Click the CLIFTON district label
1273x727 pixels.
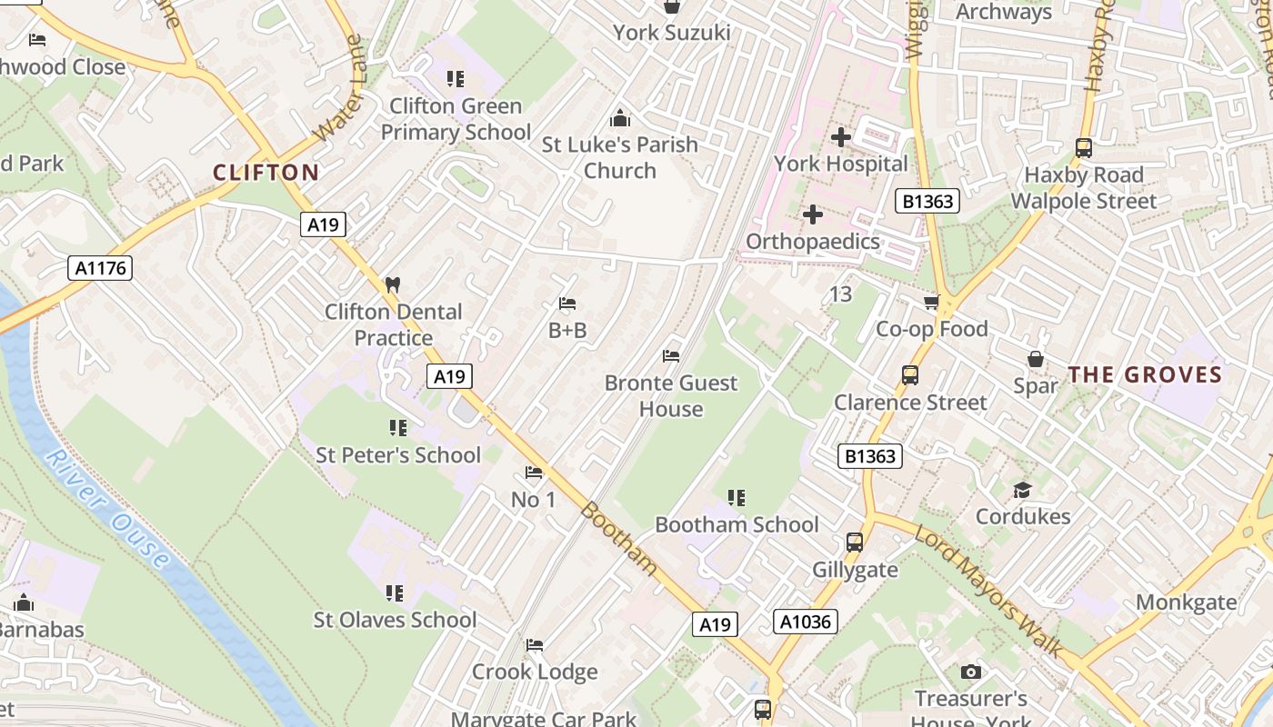point(266,173)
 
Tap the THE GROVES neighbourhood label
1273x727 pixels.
point(1145,374)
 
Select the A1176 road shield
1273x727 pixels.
point(100,268)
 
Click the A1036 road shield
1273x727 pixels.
point(805,622)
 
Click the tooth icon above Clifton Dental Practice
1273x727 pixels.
point(393,284)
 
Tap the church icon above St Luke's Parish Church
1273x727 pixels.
point(620,118)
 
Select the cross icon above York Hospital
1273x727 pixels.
point(841,137)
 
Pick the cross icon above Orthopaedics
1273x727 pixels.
point(813,214)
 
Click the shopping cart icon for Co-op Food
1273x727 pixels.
point(931,303)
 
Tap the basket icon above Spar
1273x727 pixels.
point(1036,359)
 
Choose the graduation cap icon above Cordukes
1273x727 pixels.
point(1022,491)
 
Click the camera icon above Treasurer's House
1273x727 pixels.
point(971,672)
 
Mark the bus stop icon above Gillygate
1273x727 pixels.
point(855,543)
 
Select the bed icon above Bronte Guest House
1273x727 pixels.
point(671,356)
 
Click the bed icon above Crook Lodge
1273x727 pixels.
point(535,645)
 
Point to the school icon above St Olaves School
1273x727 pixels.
point(395,593)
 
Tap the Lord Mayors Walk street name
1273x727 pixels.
point(988,592)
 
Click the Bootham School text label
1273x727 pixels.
point(737,524)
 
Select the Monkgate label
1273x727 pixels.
point(1186,602)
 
